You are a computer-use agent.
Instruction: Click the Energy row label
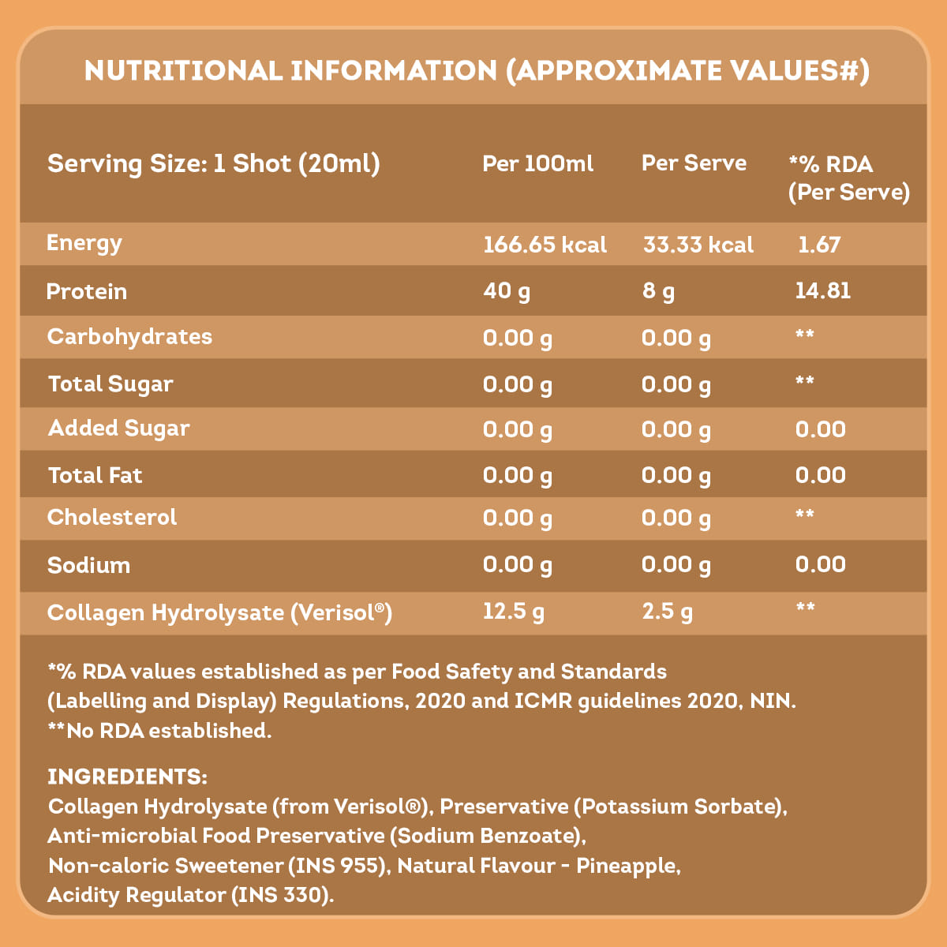click(x=84, y=243)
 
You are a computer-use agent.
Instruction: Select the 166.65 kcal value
click(x=545, y=245)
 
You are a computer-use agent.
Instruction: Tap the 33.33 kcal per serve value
click(x=698, y=245)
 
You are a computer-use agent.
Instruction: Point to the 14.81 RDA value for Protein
click(x=822, y=290)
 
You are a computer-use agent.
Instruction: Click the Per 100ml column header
click(x=537, y=163)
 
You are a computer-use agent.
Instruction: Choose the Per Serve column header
click(x=694, y=163)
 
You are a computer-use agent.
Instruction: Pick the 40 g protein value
click(x=507, y=291)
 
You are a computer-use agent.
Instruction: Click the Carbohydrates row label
click(x=129, y=337)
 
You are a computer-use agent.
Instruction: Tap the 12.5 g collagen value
click(x=514, y=612)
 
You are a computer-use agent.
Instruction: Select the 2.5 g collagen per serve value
click(x=668, y=612)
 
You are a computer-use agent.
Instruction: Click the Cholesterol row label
click(x=112, y=518)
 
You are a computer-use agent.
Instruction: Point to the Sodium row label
click(x=88, y=565)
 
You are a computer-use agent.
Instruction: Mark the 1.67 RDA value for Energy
click(x=819, y=245)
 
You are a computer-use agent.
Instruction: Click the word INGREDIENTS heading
click(x=127, y=777)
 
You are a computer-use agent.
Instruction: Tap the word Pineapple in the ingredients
click(x=627, y=866)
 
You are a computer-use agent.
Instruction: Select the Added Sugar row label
click(x=118, y=429)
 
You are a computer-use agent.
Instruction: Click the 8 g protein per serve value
click(x=658, y=291)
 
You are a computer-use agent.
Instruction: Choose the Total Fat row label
click(x=95, y=475)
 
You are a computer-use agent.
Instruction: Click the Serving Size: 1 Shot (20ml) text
click(x=214, y=164)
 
